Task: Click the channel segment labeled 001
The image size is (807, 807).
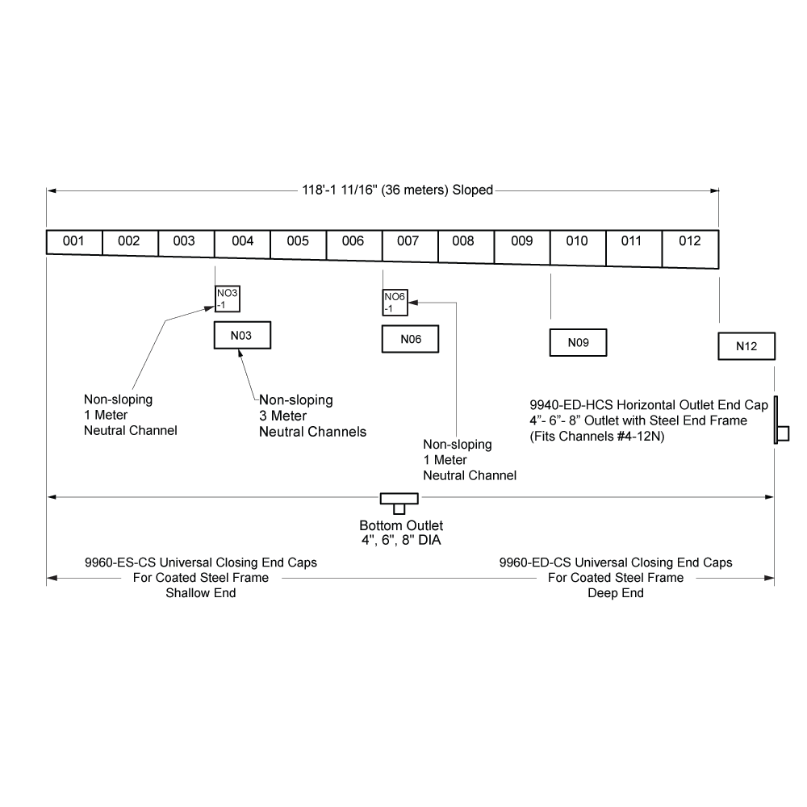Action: [74, 242]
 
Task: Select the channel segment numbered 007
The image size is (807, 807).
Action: [410, 246]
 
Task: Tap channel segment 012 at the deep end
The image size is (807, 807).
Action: [690, 249]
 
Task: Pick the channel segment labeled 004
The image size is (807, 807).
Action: [242, 244]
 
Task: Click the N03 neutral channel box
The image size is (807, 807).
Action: [242, 335]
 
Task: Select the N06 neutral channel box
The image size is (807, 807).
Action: [410, 339]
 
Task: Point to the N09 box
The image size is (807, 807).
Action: [578, 342]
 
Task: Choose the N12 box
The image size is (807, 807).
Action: [746, 346]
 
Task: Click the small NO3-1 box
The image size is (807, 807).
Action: [228, 299]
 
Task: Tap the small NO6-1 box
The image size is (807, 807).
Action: [395, 302]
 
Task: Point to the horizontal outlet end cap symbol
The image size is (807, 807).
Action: [781, 420]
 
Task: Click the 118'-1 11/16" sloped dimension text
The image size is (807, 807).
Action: [397, 190]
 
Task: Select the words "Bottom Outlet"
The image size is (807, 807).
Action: [401, 525]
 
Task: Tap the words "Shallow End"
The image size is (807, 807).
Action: [201, 593]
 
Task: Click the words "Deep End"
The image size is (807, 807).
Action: [616, 593]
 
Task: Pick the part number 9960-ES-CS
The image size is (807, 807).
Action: [120, 562]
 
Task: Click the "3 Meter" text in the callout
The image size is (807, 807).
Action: [282, 416]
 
